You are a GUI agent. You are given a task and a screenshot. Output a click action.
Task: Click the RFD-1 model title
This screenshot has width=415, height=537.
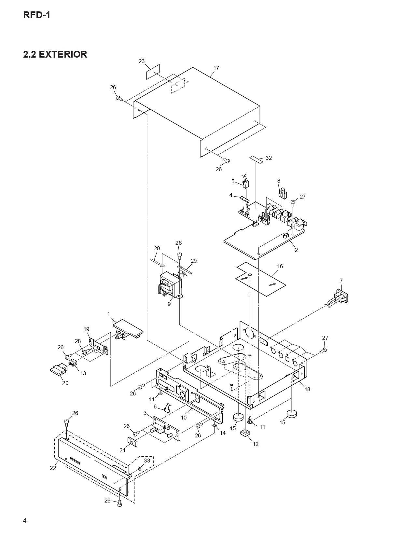(36, 15)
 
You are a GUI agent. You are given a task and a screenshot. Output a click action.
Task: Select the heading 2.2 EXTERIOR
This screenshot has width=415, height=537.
(55, 54)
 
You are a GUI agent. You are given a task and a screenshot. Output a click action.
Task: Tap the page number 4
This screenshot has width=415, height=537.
(25, 520)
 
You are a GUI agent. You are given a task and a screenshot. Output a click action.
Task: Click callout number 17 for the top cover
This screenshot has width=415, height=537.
(216, 68)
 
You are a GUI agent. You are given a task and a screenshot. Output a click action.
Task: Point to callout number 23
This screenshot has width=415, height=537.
(142, 61)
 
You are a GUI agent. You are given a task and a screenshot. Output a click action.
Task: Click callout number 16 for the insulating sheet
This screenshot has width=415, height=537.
(280, 266)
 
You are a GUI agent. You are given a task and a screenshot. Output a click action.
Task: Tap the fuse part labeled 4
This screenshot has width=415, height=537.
(244, 199)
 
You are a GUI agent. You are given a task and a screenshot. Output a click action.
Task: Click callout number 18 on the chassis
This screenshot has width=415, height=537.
(307, 389)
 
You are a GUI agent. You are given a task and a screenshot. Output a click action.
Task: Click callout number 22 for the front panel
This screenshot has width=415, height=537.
(53, 468)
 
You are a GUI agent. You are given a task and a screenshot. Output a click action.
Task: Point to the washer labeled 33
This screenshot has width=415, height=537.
(140, 469)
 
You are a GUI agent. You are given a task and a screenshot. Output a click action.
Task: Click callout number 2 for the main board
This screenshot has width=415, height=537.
(296, 250)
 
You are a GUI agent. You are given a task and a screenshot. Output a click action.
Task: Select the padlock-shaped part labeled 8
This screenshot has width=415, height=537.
(282, 193)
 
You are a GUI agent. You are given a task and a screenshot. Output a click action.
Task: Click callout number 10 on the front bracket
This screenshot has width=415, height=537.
(184, 418)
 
